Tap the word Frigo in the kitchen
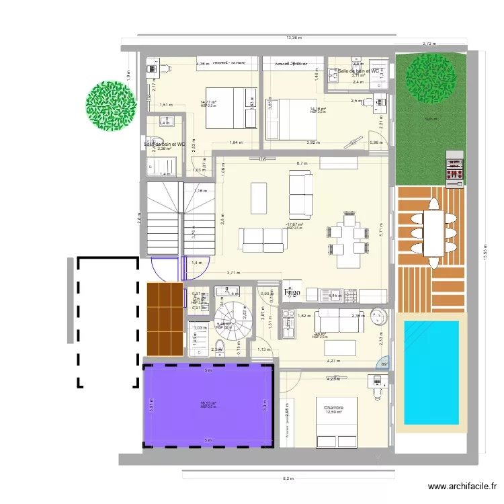tap(292, 293)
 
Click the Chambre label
tap(333, 408)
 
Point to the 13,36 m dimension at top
tap(293, 38)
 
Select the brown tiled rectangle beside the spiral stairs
tap(165, 319)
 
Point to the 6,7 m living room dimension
tap(302, 163)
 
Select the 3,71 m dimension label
tap(233, 272)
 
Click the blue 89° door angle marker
tap(384, 364)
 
